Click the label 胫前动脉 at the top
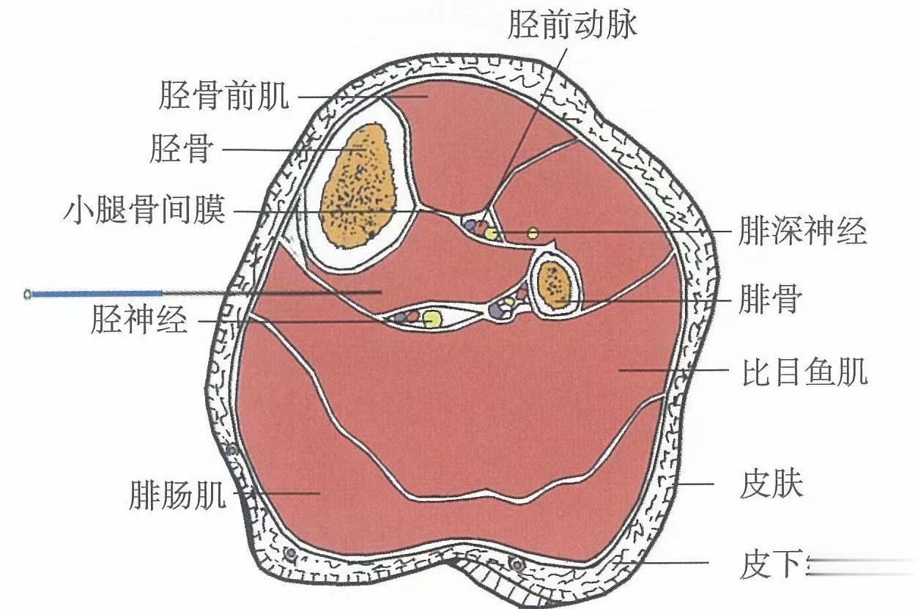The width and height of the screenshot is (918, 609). coord(572,25)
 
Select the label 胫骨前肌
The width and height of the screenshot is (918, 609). coord(224,96)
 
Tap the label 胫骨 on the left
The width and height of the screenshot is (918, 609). coord(181,150)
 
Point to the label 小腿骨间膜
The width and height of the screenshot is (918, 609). coord(145,213)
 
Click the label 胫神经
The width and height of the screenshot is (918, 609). coord(139,320)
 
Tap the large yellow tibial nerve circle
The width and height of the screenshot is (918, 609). coord(432,318)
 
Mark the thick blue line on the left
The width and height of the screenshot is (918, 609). coord(95,294)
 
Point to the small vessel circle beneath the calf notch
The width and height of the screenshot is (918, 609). coord(517,564)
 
